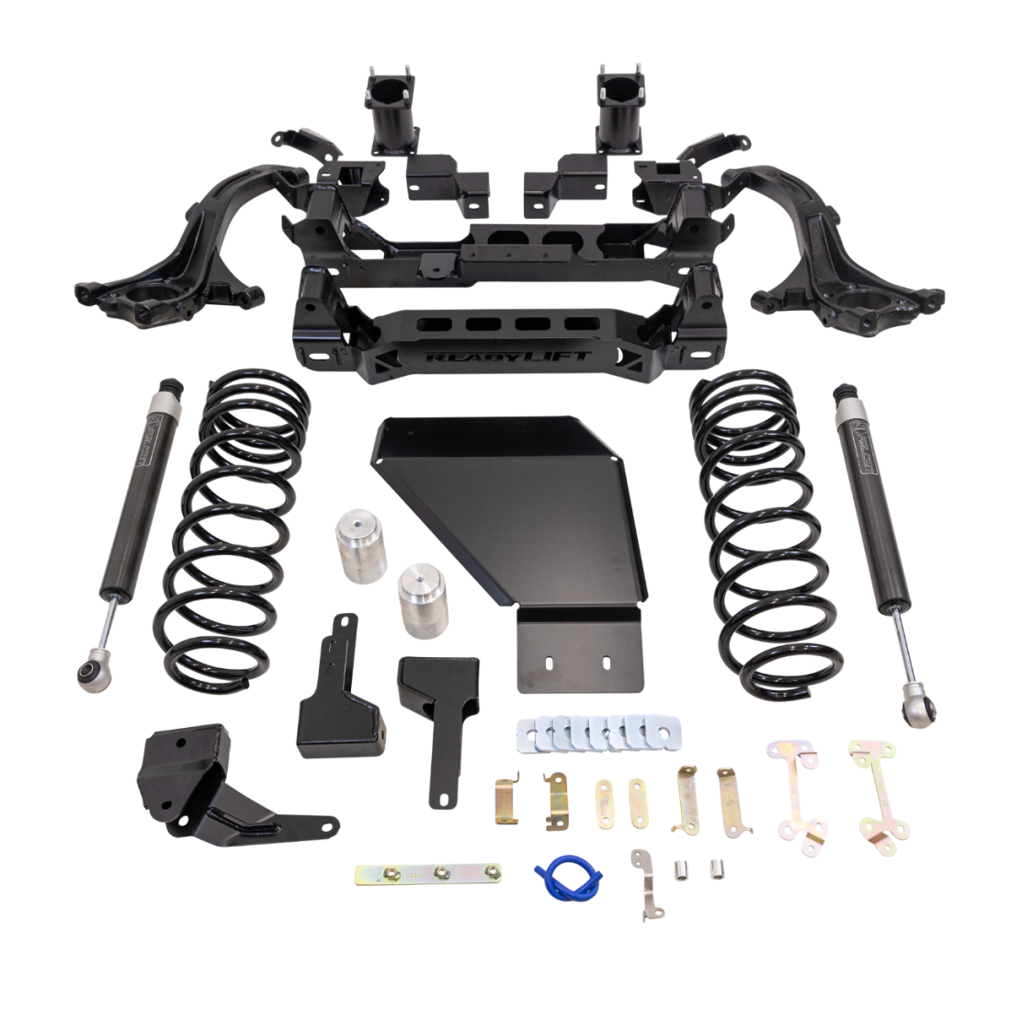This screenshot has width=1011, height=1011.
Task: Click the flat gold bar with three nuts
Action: tap(429, 873)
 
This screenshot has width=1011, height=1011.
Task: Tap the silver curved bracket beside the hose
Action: tap(643, 883)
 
